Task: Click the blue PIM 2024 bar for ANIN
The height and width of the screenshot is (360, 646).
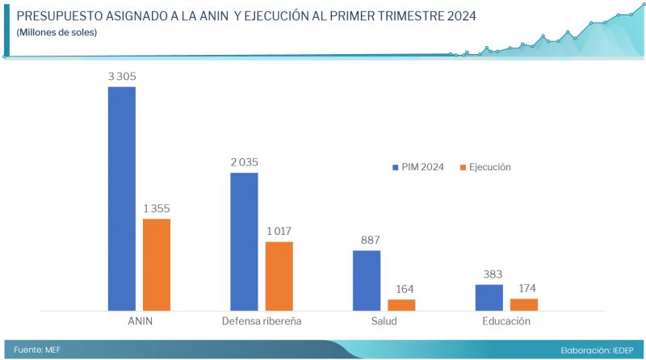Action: (x=122, y=198)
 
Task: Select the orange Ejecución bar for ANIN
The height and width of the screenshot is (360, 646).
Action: (x=157, y=264)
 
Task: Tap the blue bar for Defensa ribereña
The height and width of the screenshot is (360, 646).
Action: (x=245, y=241)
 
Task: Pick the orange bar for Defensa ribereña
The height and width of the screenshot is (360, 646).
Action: (x=279, y=275)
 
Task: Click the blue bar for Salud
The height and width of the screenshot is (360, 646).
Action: (x=367, y=280)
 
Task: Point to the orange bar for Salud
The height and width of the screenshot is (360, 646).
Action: (x=401, y=304)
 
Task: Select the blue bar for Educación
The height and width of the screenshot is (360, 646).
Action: (x=489, y=297)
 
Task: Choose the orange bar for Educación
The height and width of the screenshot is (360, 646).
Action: (x=524, y=304)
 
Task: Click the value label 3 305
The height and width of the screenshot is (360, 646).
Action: (x=122, y=76)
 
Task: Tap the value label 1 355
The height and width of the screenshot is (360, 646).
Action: (x=157, y=208)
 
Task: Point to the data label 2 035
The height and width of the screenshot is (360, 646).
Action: (x=244, y=162)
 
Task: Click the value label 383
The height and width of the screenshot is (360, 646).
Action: (x=489, y=274)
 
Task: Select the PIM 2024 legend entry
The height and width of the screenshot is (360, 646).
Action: (x=417, y=167)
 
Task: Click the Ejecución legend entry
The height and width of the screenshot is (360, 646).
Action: (x=484, y=167)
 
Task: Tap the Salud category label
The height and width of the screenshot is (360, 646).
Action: (x=384, y=321)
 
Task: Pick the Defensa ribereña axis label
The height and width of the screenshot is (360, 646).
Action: (x=262, y=321)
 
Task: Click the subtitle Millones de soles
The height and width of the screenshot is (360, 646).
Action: (x=57, y=32)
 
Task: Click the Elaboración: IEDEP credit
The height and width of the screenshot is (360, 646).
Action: (x=596, y=350)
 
